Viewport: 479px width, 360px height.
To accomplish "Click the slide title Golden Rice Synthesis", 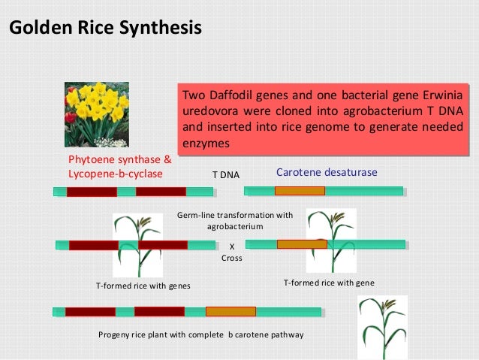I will [104, 29].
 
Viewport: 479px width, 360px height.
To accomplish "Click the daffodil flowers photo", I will [97, 114].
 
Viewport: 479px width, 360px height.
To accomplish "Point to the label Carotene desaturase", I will [327, 173].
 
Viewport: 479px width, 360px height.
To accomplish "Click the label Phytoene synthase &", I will [119, 160].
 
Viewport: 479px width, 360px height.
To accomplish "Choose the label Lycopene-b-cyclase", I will [116, 173].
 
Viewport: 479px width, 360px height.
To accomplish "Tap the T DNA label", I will [225, 175].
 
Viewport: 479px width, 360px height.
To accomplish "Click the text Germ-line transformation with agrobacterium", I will [234, 221].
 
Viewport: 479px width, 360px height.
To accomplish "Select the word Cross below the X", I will [231, 258].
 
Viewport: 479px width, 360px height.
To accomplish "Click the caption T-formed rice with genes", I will [143, 286].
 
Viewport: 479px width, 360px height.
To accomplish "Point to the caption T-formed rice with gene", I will [328, 283].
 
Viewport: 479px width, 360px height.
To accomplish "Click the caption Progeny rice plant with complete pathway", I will [200, 334].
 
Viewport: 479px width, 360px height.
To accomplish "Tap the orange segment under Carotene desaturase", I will [300, 192].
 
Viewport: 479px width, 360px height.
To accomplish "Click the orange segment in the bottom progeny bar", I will [230, 311].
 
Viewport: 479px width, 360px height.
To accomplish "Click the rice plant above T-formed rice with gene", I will [330, 241].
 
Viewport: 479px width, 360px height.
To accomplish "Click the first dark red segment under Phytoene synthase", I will [92, 192].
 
